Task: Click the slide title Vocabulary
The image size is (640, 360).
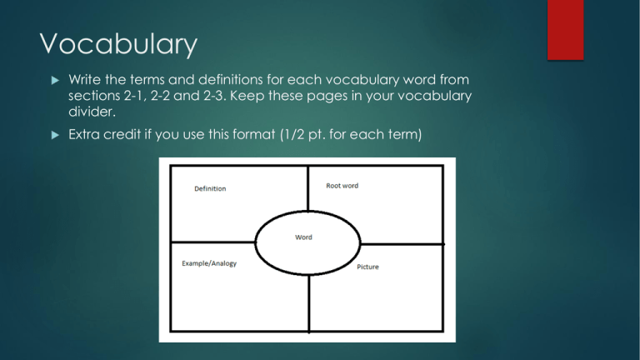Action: [x=118, y=44]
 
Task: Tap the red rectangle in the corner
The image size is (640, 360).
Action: [x=565, y=30]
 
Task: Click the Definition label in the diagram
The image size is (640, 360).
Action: [x=210, y=188]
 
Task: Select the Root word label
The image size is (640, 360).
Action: [x=342, y=186]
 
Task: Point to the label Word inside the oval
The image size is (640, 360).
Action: [x=303, y=237]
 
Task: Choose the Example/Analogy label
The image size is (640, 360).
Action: [x=209, y=263]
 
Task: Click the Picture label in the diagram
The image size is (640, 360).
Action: [x=367, y=267]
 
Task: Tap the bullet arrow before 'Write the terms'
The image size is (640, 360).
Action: [x=55, y=80]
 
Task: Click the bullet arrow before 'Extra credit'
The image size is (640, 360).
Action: [x=55, y=135]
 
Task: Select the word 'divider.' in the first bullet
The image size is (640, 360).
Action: [x=92, y=112]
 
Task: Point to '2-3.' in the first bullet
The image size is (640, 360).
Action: [x=215, y=96]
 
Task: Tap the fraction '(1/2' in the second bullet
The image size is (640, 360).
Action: [x=292, y=134]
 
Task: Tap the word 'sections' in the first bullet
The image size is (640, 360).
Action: [x=94, y=96]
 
